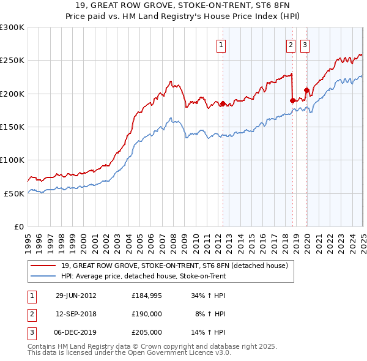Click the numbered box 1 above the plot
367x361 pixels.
pyautogui.click(x=220, y=44)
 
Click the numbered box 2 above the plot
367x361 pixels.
pyautogui.click(x=290, y=44)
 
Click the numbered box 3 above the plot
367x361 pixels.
pyautogui.click(x=305, y=44)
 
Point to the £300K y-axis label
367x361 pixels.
pyautogui.click(x=12, y=28)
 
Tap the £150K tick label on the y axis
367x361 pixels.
pyautogui.click(x=12, y=127)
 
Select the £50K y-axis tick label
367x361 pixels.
pyautogui.click(x=14, y=193)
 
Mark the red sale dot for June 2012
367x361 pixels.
pyautogui.click(x=223, y=104)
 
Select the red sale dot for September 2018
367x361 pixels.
pyautogui.click(x=293, y=100)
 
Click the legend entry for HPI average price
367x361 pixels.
pyautogui.click(x=143, y=276)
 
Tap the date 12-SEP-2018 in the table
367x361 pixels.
pyautogui.click(x=76, y=314)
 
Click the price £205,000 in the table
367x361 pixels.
pyautogui.click(x=147, y=332)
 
